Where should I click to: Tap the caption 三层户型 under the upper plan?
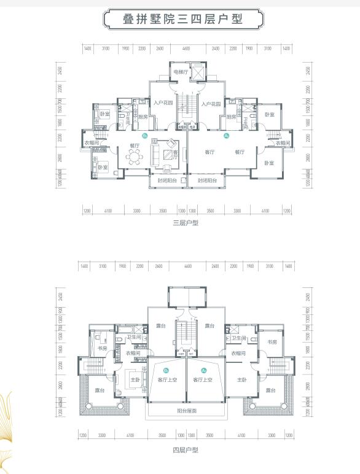click(x=186, y=223)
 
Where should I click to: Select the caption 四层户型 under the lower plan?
click(x=186, y=450)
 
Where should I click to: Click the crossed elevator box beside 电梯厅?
click(x=199, y=72)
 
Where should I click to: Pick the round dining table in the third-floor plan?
click(x=133, y=157)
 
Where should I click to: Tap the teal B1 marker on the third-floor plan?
click(x=145, y=135)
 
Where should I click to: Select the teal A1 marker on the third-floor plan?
click(x=226, y=135)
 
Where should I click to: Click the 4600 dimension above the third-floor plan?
click(x=186, y=48)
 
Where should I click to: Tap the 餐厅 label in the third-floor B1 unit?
click(x=133, y=146)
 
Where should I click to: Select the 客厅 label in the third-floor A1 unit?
click(x=210, y=152)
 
